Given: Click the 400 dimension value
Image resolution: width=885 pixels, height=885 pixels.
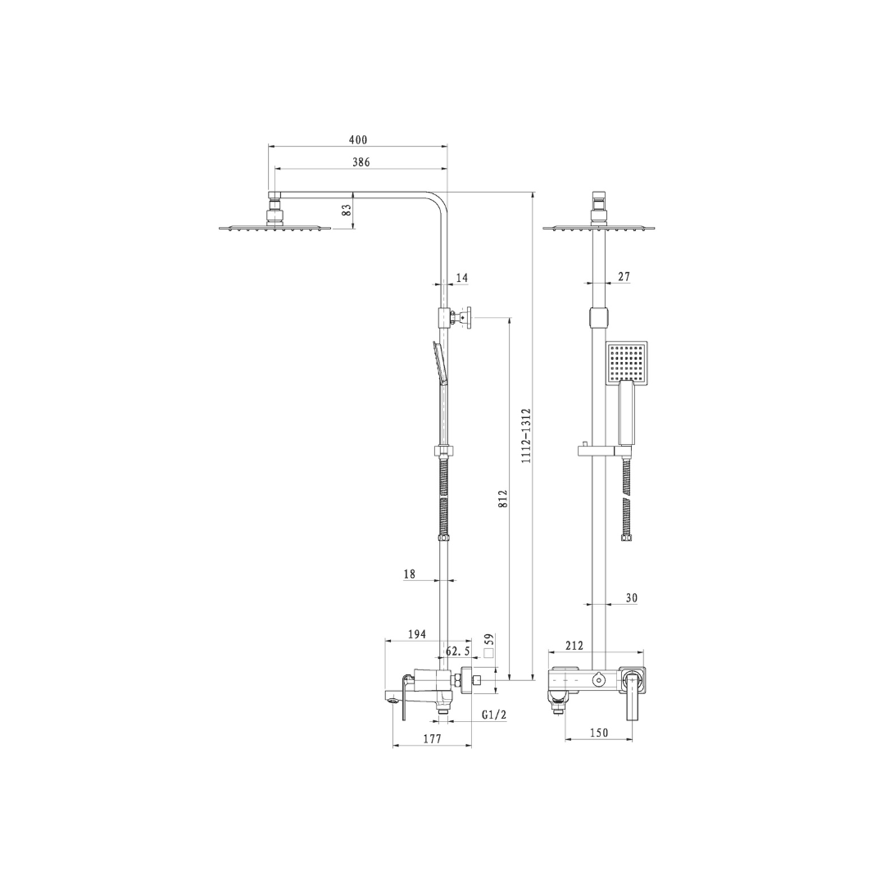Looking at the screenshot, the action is click(x=358, y=140).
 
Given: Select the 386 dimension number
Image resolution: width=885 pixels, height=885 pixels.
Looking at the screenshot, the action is click(x=361, y=162).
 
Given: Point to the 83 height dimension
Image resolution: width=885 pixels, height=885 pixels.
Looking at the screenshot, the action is click(x=347, y=210).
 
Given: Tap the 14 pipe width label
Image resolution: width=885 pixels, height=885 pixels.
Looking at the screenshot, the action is click(x=461, y=278).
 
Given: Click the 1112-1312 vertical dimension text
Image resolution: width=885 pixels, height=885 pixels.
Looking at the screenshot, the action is click(x=526, y=436).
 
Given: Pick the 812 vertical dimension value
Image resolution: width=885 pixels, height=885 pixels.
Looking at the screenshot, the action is click(x=503, y=498).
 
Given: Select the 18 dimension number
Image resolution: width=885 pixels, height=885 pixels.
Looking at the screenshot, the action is click(x=409, y=574).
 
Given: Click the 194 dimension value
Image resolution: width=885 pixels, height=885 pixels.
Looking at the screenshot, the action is click(x=416, y=634).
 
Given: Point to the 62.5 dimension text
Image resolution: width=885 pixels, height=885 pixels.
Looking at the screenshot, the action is click(x=458, y=651).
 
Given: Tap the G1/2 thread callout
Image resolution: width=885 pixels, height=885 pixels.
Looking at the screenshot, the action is click(x=494, y=715).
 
